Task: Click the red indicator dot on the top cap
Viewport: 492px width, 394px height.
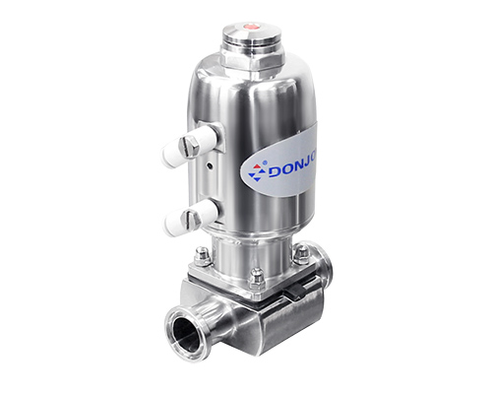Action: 251,26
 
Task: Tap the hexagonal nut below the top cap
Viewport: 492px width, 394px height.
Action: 252,60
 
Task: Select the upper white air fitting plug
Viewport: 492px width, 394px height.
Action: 189,147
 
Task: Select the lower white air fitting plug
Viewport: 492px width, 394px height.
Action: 191,218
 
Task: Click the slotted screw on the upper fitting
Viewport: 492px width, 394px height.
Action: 189,146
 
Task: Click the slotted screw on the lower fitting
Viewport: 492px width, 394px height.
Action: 191,219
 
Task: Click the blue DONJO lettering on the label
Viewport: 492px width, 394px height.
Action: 292,169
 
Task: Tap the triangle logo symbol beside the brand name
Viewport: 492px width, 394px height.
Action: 257,171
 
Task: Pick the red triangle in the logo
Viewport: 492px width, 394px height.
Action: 257,166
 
